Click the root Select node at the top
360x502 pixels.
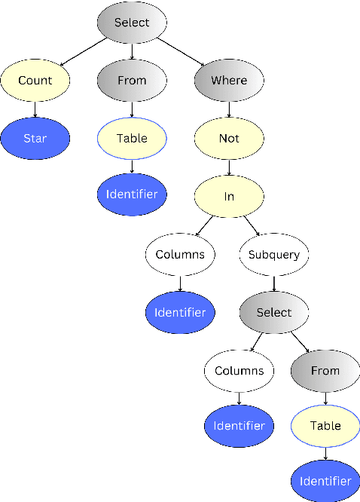pos(132,23)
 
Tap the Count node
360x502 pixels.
pos(35,80)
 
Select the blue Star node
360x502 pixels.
pos(35,138)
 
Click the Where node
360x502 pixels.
pos(229,80)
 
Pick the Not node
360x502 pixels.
pos(229,138)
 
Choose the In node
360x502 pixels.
pos(229,196)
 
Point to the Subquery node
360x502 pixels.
pos(274,255)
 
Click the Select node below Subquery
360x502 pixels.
pos(274,312)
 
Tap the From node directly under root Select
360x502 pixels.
pos(132,80)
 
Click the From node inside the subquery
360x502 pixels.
pos(325,370)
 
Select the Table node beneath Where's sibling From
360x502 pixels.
pos(132,138)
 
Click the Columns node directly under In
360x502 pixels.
pos(180,255)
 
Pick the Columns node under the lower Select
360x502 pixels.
pos(239,370)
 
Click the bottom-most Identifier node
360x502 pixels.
pos(325,481)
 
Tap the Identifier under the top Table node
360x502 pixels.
pos(132,194)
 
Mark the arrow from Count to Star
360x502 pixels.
pos(35,109)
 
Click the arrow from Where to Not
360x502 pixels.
pos(229,109)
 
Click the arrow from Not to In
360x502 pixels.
pos(229,167)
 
